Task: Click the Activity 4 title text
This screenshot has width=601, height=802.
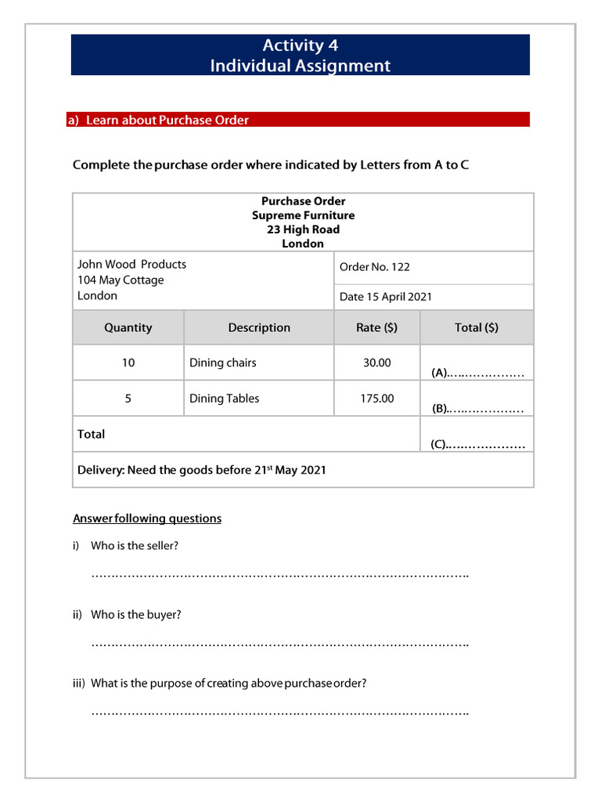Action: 300,45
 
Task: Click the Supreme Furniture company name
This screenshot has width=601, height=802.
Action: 303,215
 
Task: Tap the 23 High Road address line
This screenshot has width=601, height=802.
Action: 303,229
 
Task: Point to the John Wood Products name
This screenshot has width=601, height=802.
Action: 131,265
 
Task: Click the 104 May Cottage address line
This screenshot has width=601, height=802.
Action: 121,280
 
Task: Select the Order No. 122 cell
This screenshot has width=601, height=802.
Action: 375,267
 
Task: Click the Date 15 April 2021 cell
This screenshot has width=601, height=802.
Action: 386,297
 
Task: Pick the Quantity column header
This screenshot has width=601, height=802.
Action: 128,328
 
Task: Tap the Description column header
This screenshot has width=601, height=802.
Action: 259,328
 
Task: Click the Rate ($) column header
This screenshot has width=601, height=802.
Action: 376,328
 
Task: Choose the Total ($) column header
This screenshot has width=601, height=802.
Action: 476,328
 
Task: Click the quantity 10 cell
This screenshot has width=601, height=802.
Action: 128,363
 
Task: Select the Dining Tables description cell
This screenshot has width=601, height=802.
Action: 224,399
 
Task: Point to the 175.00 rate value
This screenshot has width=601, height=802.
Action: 376,399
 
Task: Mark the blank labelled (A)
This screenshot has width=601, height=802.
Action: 477,374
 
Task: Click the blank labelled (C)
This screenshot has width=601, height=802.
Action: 477,445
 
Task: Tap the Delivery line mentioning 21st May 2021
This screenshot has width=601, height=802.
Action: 202,471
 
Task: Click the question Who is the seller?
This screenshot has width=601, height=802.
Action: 135,546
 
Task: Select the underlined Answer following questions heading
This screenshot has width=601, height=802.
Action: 147,518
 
